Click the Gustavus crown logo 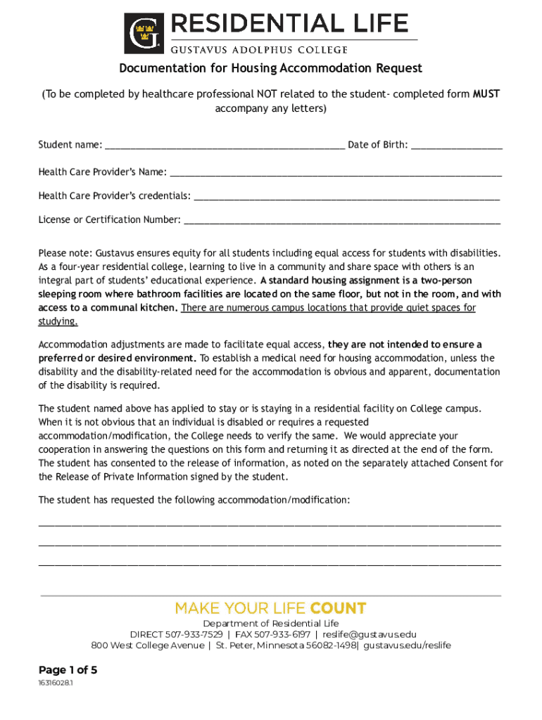click(x=144, y=34)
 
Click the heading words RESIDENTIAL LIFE click(x=288, y=24)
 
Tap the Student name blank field click(x=225, y=146)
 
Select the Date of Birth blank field click(x=456, y=146)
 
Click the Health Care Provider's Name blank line click(x=336, y=173)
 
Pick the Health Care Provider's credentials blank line click(x=346, y=196)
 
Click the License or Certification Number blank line click(x=341, y=221)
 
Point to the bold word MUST click(x=486, y=94)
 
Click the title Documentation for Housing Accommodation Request click(x=270, y=68)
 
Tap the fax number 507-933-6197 click(x=282, y=634)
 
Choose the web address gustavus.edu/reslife click(x=408, y=645)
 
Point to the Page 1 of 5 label click(x=68, y=670)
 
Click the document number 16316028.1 click(x=56, y=683)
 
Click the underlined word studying click(x=58, y=321)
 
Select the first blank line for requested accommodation click(x=270, y=524)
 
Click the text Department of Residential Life click(x=270, y=624)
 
